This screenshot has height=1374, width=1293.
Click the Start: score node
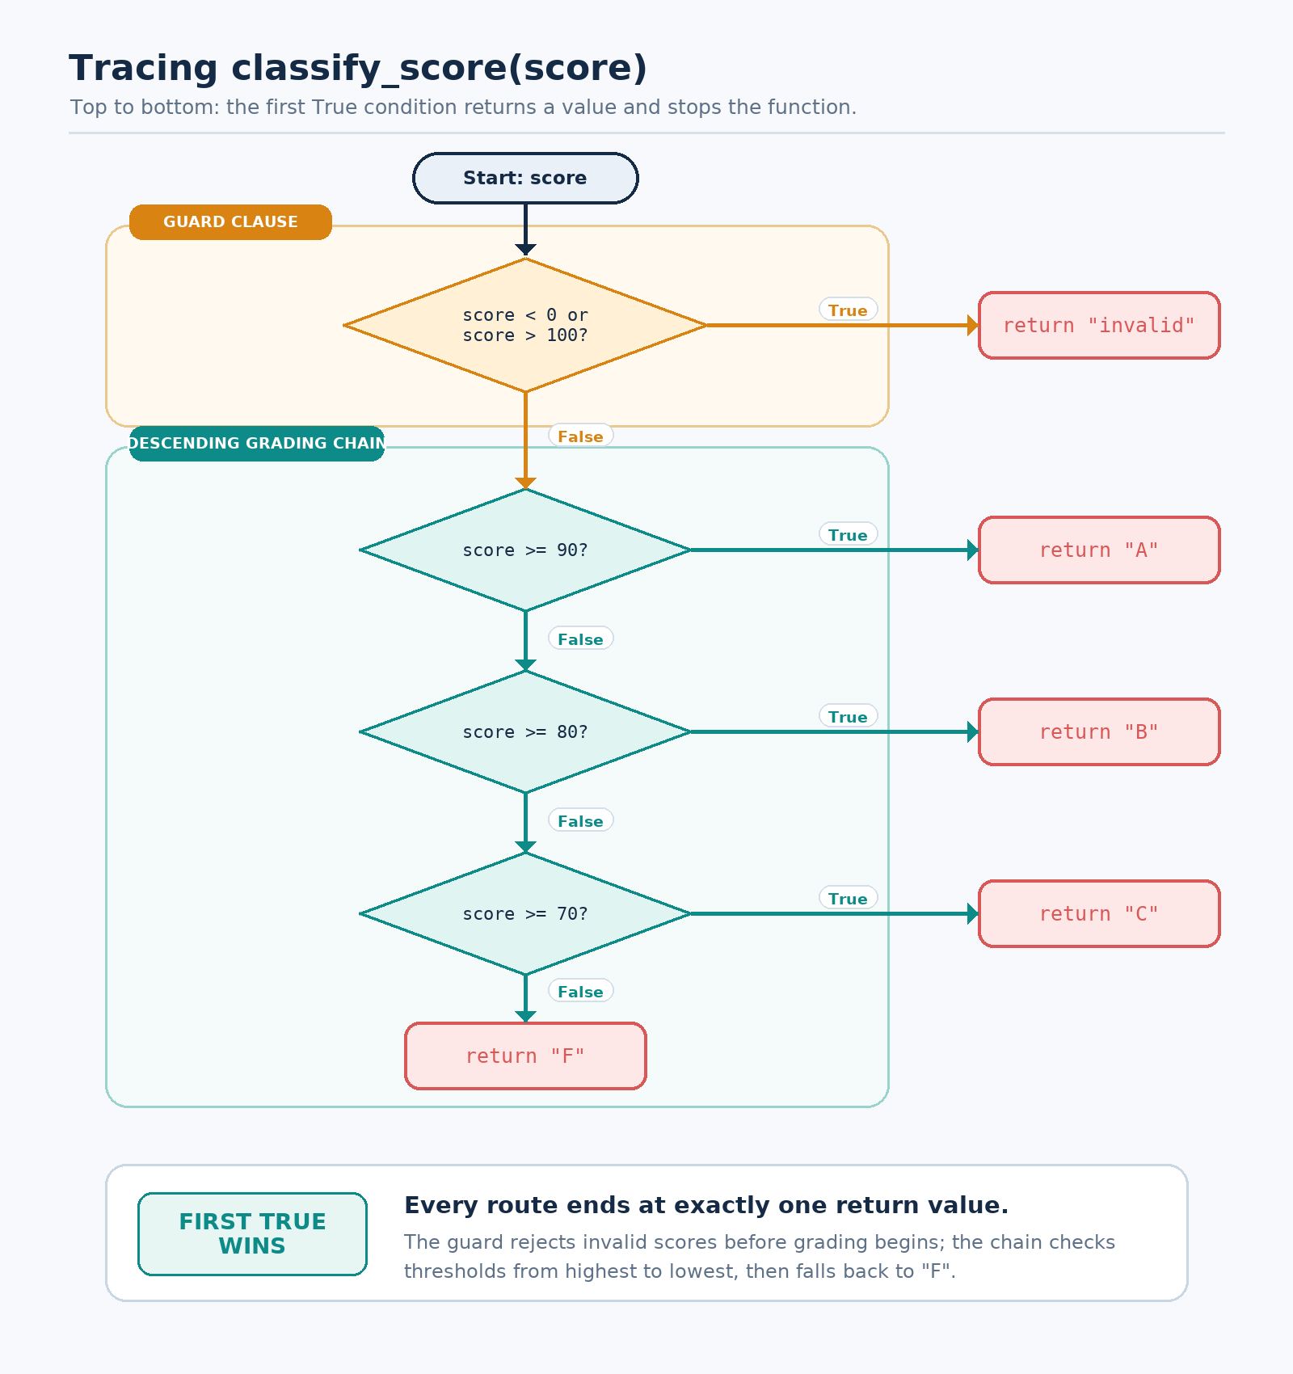[525, 178]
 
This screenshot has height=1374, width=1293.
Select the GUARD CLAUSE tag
[230, 222]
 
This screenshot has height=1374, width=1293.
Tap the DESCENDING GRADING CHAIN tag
[257, 444]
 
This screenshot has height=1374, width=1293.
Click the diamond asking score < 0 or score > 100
[525, 325]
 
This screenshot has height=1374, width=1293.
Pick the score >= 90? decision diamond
[525, 550]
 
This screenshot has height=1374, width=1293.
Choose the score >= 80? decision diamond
[525, 732]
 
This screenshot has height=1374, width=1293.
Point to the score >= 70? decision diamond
[525, 914]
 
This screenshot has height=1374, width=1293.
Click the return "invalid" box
[1099, 325]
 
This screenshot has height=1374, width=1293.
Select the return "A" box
[1099, 550]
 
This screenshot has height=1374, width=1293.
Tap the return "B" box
[1099, 732]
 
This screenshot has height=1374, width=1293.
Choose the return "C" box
[1099, 914]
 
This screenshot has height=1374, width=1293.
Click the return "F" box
[525, 1056]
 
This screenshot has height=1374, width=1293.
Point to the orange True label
[848, 310]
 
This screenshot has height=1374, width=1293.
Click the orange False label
[580, 436]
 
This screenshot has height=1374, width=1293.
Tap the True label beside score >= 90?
[848, 535]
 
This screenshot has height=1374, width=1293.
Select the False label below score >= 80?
[580, 821]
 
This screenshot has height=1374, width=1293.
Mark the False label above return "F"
[580, 992]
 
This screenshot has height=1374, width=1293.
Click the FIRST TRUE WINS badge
[252, 1234]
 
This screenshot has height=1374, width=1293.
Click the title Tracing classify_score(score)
[358, 68]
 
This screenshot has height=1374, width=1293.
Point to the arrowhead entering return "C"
[973, 914]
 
